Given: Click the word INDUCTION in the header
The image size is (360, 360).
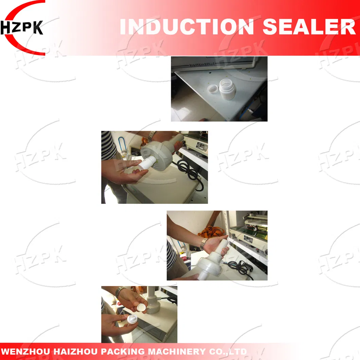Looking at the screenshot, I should (187, 27).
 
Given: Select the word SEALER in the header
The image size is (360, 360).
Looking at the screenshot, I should (309, 27).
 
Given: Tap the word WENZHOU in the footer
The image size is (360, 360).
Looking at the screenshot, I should (23, 352).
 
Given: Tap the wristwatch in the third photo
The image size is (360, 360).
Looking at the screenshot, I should (203, 244).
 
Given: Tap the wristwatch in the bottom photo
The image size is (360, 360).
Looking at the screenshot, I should (120, 292).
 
